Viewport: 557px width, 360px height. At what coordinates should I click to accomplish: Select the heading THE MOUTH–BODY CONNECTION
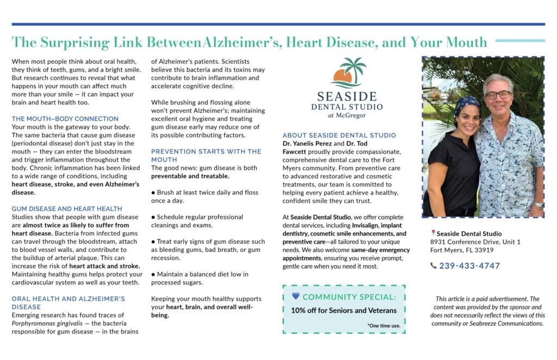coord(65,119)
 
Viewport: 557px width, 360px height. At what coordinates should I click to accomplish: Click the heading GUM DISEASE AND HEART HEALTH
coord(66,208)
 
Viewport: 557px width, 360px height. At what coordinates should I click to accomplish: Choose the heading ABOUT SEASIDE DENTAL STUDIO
coord(339,135)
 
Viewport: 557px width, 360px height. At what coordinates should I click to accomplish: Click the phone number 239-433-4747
coord(469,266)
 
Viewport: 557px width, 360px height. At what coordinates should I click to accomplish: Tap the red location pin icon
coord(433,233)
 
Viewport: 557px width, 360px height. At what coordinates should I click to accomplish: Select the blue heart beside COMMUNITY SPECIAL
coord(295,296)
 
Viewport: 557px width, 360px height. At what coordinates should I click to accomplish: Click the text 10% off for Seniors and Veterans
coord(343,311)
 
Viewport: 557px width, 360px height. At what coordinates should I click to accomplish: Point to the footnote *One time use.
coord(383,326)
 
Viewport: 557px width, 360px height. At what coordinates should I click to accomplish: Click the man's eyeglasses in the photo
coord(498,95)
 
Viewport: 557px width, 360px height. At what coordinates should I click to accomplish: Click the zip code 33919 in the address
coord(483,250)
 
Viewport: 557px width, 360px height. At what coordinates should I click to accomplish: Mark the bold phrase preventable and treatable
coord(190,176)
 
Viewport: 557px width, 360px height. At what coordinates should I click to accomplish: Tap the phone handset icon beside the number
coord(433,266)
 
